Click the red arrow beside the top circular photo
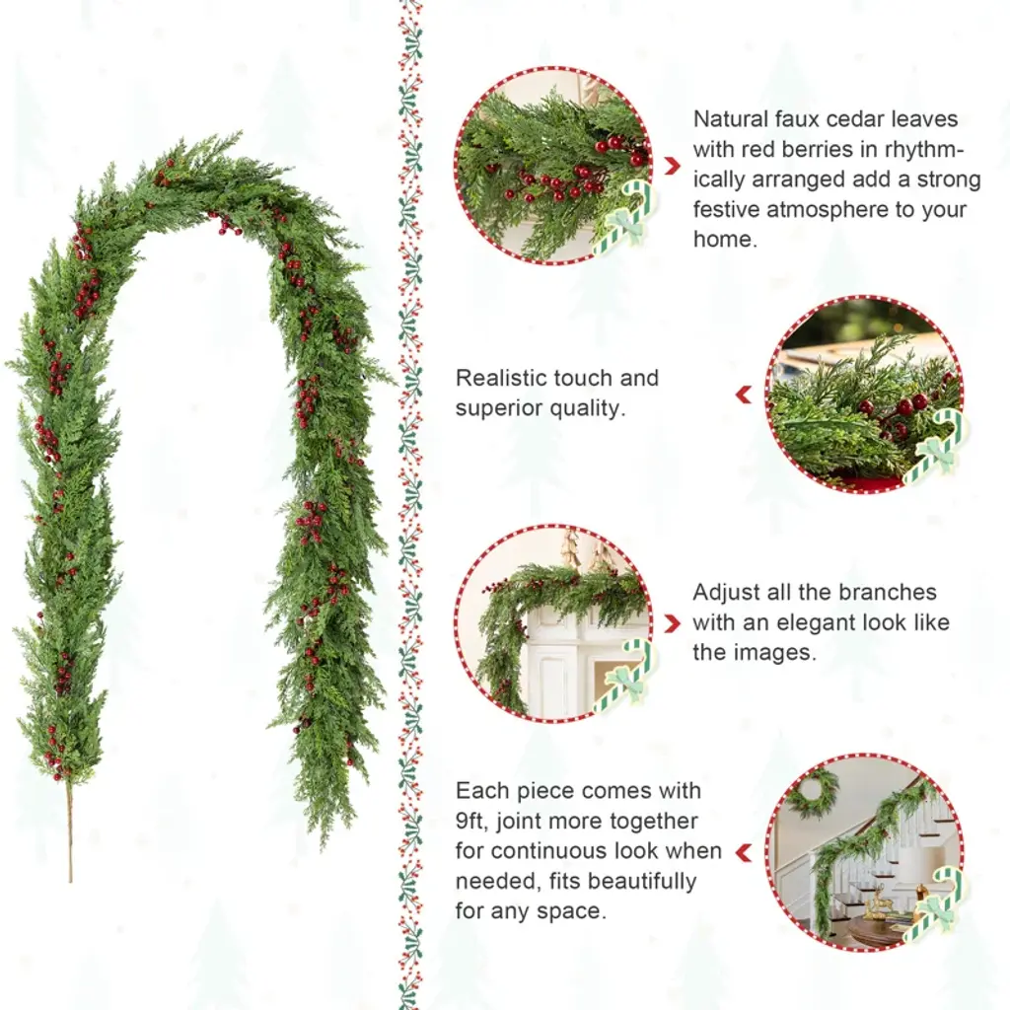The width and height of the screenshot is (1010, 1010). [x=672, y=166]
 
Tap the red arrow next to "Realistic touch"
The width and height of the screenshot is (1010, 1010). [x=744, y=395]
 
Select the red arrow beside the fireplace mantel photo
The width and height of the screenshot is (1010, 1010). [x=672, y=623]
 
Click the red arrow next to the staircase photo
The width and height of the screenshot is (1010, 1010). [x=744, y=852]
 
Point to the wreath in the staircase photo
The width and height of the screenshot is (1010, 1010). [x=811, y=792]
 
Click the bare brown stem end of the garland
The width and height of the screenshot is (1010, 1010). [x=70, y=830]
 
